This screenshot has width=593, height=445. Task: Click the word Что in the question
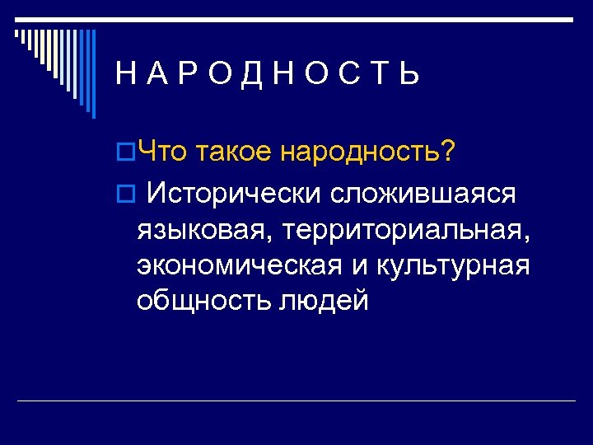pyautogui.click(x=165, y=152)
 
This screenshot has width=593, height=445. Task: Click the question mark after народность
pyautogui.click(x=447, y=152)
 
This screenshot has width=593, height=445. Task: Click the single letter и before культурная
pyautogui.click(x=363, y=268)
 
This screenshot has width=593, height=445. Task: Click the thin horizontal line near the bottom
pyautogui.click(x=296, y=400)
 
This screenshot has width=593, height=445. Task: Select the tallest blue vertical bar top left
pyautogui.click(x=92, y=74)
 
